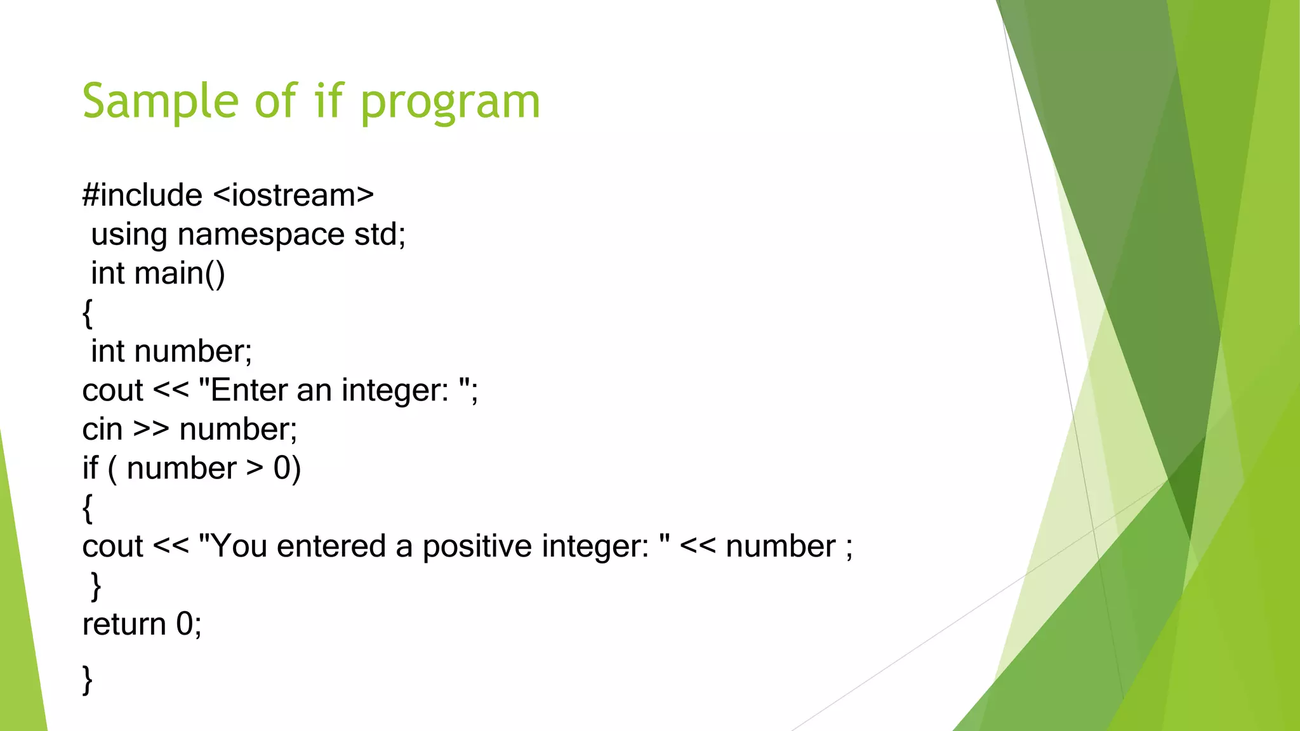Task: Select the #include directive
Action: [142, 195]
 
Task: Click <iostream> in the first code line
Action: [293, 195]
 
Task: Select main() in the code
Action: [180, 273]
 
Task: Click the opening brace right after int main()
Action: [88, 313]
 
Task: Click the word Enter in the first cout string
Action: [248, 390]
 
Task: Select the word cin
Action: [102, 430]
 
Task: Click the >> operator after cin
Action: [151, 430]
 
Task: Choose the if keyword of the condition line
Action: [90, 468]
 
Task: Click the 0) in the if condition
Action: [287, 468]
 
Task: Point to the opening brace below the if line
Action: [88, 509]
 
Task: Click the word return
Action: [124, 624]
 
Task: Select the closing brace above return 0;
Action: [96, 586]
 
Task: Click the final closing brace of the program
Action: [88, 680]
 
